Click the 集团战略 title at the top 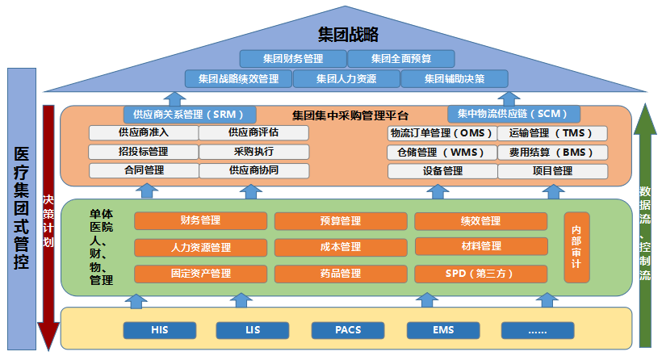coord(348,35)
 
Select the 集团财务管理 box coord(293,58)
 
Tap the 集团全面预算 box coord(401,58)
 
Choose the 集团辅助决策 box coord(454,78)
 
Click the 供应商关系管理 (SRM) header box coord(189,115)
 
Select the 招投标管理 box coord(144,152)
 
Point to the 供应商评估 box coord(253,133)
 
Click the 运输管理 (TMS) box coord(552,133)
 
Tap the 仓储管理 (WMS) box coord(442,152)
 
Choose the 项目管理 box coord(552,170)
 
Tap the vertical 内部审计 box coord(576,247)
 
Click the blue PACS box coord(348,329)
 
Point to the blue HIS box coord(159,329)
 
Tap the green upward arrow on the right coord(644,226)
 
